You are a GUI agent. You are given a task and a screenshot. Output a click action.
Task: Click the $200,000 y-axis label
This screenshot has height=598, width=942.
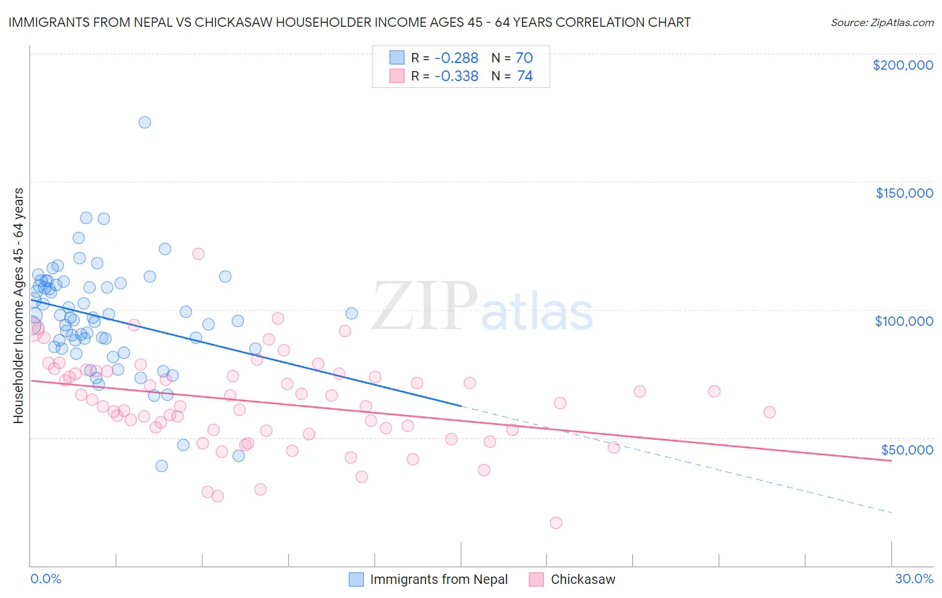click(x=902, y=65)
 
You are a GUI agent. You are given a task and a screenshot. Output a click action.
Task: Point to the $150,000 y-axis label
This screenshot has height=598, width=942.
click(x=904, y=193)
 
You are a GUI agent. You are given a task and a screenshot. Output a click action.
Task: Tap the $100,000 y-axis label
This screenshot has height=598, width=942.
click(x=904, y=321)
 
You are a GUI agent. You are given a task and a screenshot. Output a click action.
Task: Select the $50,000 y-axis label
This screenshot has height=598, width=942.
click(x=906, y=449)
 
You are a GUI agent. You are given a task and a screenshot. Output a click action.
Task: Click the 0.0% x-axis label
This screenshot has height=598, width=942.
click(x=46, y=579)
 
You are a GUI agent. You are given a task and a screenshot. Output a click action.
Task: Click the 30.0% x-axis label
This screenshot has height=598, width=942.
click(x=914, y=579)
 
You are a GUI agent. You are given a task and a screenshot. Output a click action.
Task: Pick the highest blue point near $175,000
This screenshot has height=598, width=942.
click(x=145, y=122)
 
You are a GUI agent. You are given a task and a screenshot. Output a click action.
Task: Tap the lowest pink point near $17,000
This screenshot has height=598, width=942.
click(x=555, y=523)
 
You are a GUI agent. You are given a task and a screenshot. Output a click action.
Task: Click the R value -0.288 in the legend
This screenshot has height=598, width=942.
click(x=456, y=58)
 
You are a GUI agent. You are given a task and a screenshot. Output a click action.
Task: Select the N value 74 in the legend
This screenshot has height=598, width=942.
click(x=525, y=76)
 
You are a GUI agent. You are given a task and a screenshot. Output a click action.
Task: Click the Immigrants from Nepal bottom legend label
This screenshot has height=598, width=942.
click(x=439, y=579)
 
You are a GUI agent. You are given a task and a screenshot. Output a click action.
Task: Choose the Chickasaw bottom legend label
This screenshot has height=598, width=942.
click(x=583, y=579)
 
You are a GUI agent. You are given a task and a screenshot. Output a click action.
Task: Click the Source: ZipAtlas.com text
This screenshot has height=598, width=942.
click(x=882, y=22)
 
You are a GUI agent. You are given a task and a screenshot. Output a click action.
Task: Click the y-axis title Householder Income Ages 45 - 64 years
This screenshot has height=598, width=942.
click(x=18, y=306)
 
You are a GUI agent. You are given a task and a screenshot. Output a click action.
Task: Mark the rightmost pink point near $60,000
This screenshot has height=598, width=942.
click(x=769, y=412)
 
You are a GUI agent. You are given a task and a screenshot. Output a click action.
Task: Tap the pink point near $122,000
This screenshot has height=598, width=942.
click(x=198, y=253)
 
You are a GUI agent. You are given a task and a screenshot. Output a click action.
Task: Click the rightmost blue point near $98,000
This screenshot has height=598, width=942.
click(x=352, y=313)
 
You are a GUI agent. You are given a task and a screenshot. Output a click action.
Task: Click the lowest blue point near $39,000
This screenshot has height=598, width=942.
click(x=161, y=466)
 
